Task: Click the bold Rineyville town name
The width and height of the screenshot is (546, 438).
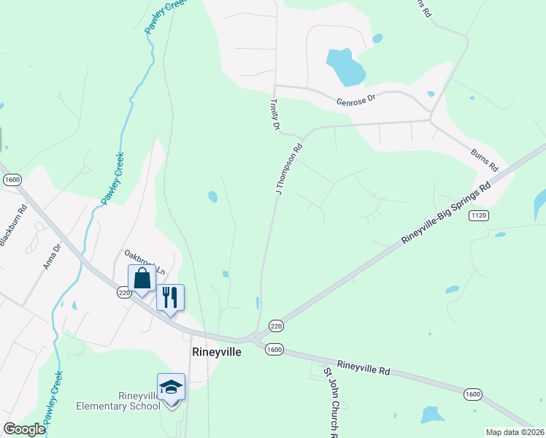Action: click(217, 351)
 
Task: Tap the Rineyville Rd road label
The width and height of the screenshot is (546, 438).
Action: click(364, 367)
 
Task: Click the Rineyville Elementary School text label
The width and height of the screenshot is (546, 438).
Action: click(118, 401)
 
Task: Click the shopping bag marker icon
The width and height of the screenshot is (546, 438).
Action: click(142, 278)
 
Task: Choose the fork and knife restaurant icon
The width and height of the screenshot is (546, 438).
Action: click(170, 297)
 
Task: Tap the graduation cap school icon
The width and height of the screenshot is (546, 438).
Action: click(171, 387)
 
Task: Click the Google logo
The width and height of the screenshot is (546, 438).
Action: click(24, 429)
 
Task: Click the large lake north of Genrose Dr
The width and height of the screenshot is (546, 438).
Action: click(345, 66)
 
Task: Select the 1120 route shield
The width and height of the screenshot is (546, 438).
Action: click(479, 215)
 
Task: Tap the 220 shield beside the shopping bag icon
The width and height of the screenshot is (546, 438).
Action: click(123, 292)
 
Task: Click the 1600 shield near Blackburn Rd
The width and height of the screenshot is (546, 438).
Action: click(12, 180)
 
